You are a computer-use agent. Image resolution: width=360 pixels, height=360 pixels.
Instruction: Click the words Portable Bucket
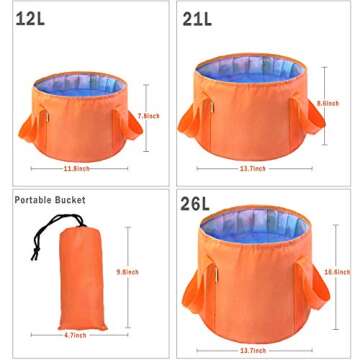pos(49,200)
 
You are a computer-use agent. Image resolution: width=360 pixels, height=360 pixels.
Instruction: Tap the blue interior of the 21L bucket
pos(258,69)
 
